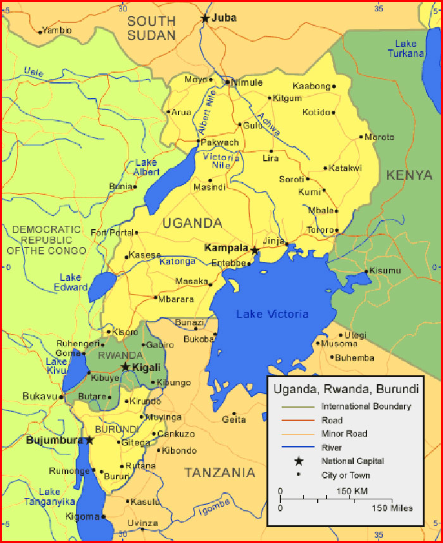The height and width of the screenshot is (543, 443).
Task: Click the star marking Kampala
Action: [254, 251]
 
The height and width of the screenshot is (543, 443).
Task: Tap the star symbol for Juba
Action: [205, 18]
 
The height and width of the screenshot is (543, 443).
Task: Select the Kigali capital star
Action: [126, 367]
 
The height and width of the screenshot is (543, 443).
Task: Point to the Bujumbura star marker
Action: [90, 440]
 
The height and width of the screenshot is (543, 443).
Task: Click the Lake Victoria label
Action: [272, 314]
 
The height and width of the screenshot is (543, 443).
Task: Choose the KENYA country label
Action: [409, 175]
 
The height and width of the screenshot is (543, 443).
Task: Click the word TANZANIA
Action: [220, 473]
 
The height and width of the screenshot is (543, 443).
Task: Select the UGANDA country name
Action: [192, 223]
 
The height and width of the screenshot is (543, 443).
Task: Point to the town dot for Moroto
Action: [361, 137]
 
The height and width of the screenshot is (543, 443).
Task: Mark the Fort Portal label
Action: [113, 232]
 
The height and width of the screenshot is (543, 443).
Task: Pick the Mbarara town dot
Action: [156, 297]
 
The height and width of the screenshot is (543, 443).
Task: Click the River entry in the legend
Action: [332, 447]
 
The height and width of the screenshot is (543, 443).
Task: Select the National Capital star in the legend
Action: [299, 461]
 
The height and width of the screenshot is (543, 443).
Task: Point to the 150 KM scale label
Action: [352, 492]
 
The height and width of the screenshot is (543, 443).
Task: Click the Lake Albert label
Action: [146, 167]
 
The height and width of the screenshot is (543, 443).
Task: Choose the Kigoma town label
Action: [82, 516]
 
